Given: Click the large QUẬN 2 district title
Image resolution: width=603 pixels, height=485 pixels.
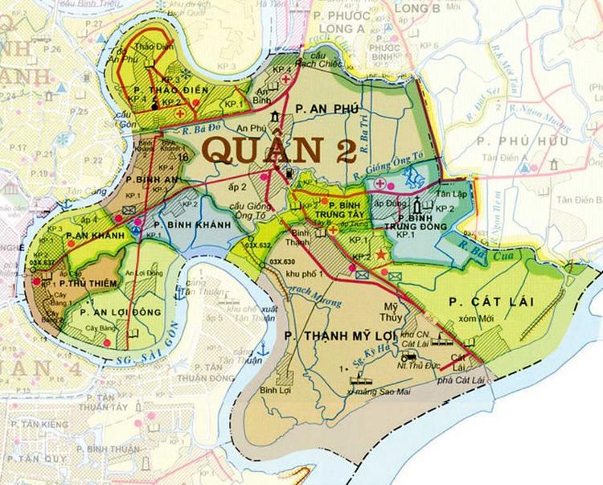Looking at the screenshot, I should [x=271, y=150].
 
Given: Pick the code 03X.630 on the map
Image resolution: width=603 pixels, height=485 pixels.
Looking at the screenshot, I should [x=282, y=261].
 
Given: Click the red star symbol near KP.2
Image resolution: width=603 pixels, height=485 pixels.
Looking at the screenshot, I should [x=381, y=255].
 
